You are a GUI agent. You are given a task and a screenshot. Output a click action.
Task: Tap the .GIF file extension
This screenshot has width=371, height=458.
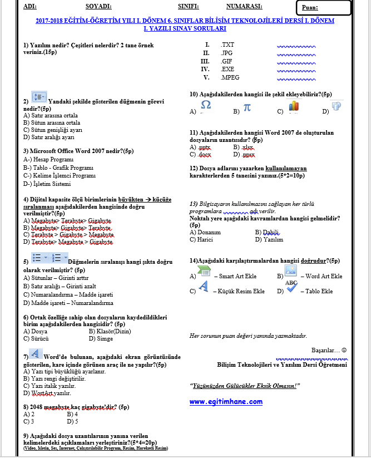point(226,61)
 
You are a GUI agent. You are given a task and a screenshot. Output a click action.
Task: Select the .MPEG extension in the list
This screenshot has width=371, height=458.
point(230,78)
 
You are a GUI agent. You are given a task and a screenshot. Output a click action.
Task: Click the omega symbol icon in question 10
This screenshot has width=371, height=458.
point(205,106)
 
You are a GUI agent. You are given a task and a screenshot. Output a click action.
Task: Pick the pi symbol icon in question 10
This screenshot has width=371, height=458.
point(248,107)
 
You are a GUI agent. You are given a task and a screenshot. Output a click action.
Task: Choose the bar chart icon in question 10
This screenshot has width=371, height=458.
point(294,106)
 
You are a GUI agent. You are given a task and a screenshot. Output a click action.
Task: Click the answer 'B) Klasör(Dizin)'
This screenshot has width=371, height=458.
point(110,331)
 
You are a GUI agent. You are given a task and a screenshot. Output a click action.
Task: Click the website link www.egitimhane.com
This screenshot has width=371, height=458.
point(226,401)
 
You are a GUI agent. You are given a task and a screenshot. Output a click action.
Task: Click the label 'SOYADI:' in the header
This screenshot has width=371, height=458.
point(98,7)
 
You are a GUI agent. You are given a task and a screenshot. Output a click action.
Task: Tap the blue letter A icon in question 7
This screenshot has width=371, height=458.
point(35,353)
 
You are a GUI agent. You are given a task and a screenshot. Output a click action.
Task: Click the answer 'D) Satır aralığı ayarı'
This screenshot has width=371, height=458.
point(48,137)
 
